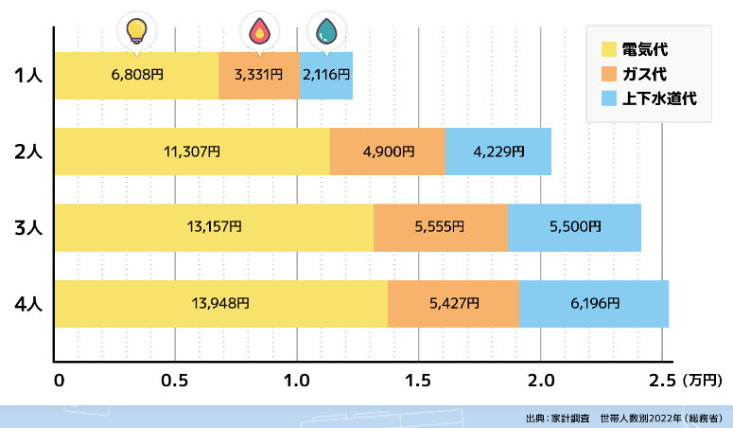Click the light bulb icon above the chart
(x=138, y=29)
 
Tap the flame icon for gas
(x=258, y=30)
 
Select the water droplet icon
(x=326, y=30)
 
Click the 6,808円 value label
(x=137, y=74)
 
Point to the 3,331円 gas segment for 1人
(x=259, y=74)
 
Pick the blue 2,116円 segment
(x=326, y=74)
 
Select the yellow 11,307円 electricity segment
(x=192, y=151)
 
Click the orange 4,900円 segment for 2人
(x=388, y=151)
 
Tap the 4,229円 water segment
(x=498, y=151)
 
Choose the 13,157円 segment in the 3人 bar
(x=213, y=227)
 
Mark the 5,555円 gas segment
(x=441, y=227)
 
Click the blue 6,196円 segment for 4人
(x=594, y=304)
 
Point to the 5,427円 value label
(x=454, y=304)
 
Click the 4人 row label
(x=28, y=305)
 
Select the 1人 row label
(x=28, y=75)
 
